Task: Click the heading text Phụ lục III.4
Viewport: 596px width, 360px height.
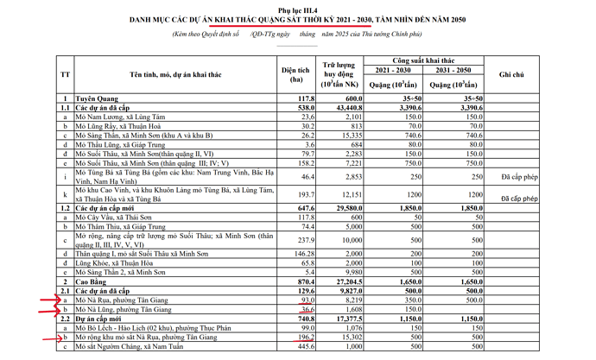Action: coord(299,7)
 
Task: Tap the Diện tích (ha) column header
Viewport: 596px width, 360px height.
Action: coord(301,75)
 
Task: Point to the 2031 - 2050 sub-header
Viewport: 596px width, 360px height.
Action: coord(453,70)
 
